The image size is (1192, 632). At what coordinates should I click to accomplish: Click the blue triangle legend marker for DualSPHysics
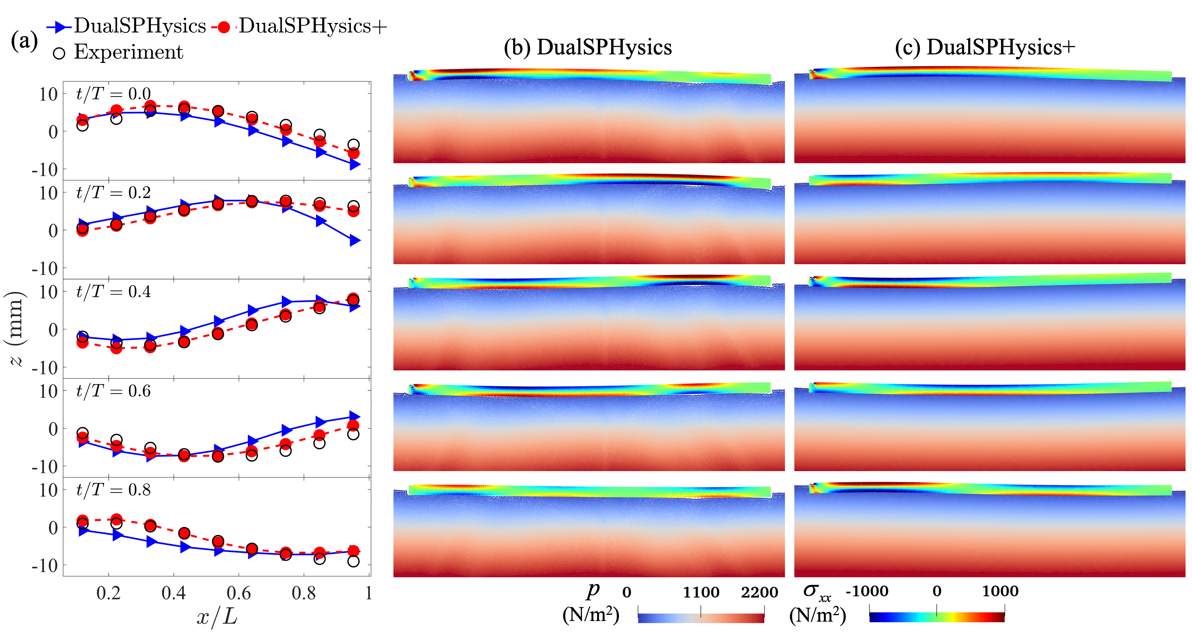point(59,27)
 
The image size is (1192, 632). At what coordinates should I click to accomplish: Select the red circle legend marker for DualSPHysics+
point(224,27)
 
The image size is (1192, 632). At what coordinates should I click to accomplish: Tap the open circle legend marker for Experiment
point(59,53)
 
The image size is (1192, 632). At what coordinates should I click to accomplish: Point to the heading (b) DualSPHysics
point(588,47)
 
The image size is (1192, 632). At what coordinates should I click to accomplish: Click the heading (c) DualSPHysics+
point(985,47)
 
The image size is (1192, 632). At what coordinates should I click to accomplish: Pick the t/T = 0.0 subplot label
point(113,94)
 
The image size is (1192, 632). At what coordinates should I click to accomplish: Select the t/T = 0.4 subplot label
point(113,292)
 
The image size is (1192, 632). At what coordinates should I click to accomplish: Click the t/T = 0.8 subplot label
point(113,490)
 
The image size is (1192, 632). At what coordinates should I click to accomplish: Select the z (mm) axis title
point(16,329)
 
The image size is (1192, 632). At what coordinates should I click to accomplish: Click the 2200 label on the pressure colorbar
point(759,592)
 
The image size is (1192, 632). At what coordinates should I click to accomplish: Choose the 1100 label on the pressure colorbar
point(701,592)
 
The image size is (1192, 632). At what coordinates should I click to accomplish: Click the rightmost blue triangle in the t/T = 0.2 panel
point(354,240)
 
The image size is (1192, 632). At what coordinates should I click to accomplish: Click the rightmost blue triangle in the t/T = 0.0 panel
point(354,164)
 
